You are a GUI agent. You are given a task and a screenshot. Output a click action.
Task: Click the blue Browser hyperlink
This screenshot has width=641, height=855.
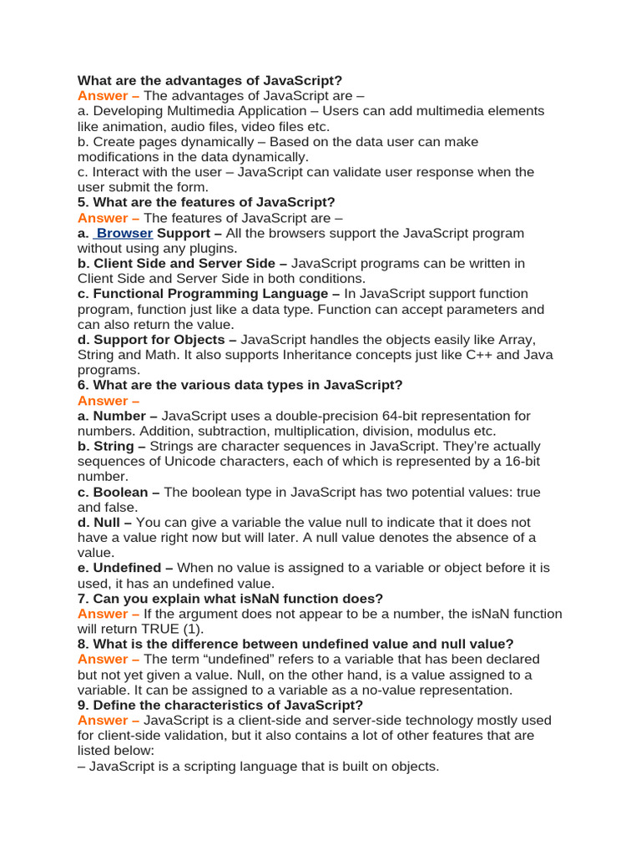(125, 233)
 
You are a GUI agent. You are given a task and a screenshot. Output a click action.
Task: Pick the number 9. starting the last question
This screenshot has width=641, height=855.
(83, 705)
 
